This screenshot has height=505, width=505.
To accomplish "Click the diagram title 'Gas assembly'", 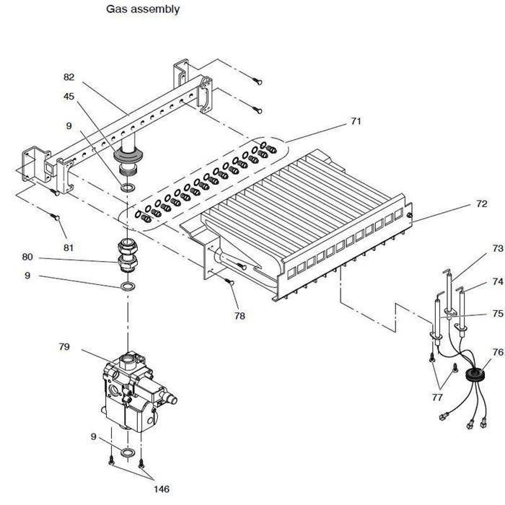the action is point(143,9).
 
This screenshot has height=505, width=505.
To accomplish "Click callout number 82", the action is point(69,77).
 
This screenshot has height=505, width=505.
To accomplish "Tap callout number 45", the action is point(69,96).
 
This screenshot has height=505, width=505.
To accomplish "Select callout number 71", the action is point(356,121).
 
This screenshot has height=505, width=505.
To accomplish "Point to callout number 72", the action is point(481,203).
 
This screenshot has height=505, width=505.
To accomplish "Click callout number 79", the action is point(64,346).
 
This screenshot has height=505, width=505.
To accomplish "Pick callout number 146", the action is point(162,489).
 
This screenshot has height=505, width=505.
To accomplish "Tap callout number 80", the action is point(27,257).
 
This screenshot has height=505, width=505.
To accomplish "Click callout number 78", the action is point(240,316).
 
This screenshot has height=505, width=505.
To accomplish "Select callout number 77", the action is point(437,398).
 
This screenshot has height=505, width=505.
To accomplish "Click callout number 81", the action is point(69,247).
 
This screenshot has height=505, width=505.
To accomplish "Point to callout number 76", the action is point(498,352).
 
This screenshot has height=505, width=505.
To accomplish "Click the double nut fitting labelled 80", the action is point(128,255).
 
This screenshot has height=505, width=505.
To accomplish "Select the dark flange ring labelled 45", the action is point(128,156).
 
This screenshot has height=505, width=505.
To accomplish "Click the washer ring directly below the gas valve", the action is point(128,452).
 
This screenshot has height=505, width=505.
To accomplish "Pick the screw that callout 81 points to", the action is point(56,216).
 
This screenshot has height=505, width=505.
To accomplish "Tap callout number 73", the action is point(498,248).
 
